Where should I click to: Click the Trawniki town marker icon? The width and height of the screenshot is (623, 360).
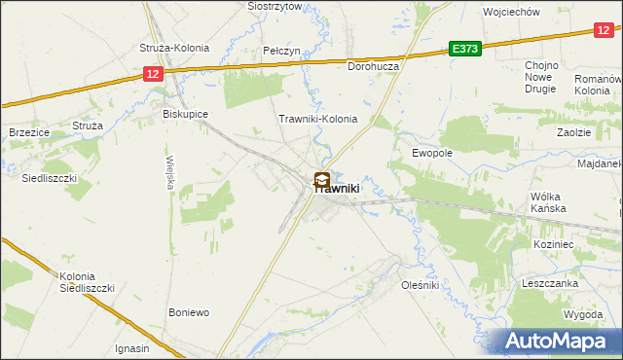coord(321,180)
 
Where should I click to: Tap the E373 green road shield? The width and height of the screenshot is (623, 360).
coord(464,49)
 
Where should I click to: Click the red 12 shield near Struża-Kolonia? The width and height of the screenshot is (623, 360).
coord(151,73)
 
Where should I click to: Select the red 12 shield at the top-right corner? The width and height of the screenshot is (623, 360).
coord(604,31)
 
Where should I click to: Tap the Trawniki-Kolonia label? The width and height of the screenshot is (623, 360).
coord(318,120)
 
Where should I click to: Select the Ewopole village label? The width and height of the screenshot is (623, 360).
coord(432,153)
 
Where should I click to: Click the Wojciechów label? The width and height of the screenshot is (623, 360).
coord(511,12)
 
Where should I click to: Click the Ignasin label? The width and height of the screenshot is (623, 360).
coord(131,348)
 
